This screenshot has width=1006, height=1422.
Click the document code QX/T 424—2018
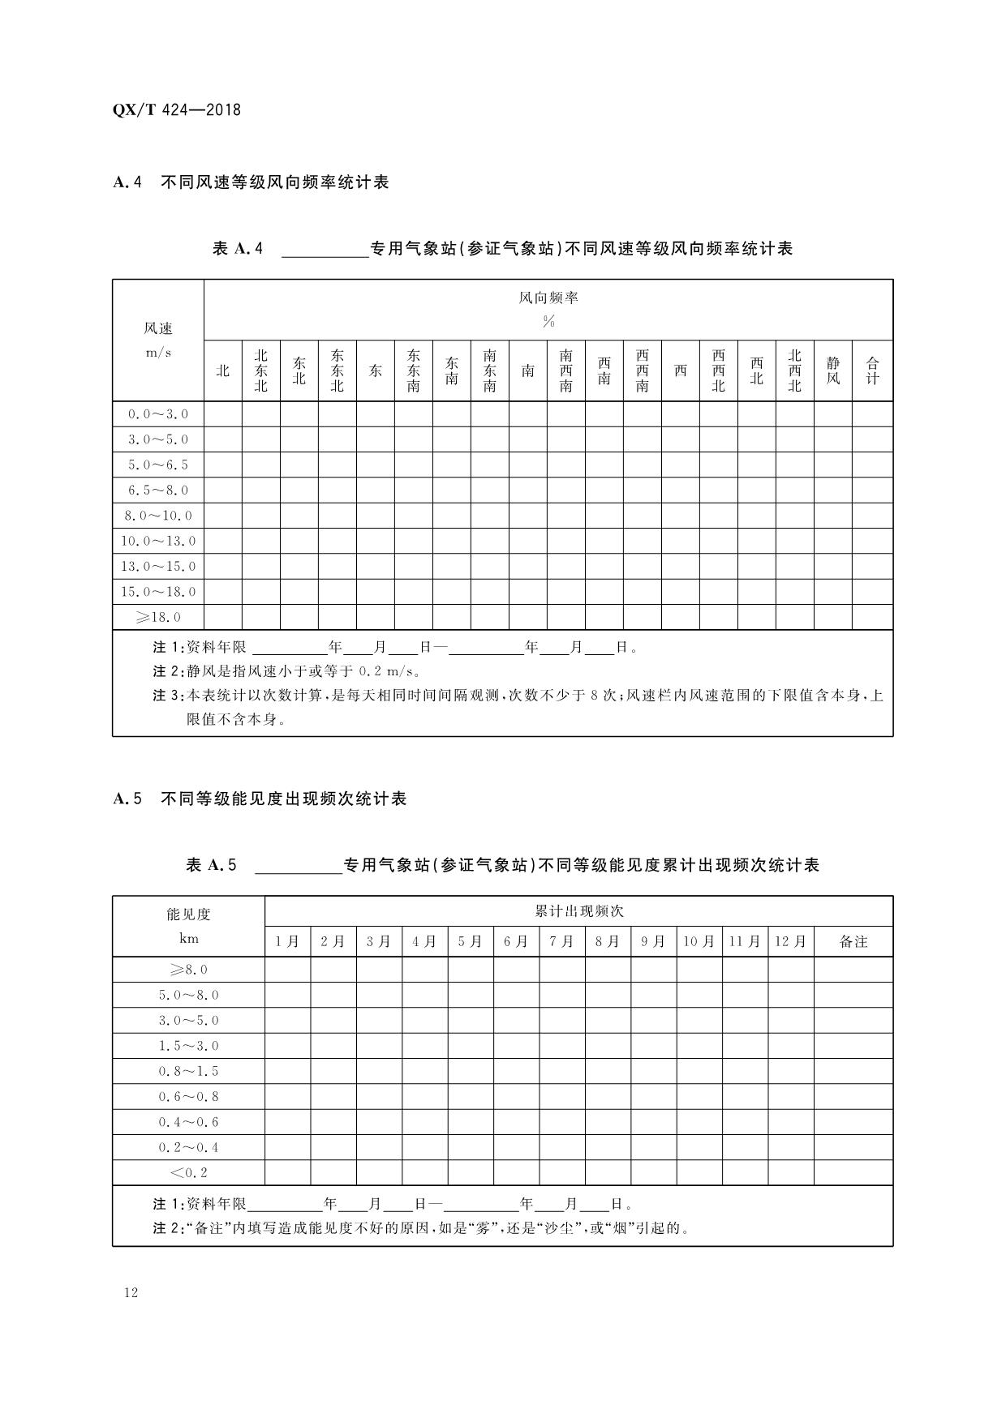coord(177,110)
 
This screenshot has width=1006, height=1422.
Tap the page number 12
coord(131,1292)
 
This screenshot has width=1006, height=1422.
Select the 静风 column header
coord(833,370)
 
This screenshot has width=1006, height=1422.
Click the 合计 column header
coord(872,370)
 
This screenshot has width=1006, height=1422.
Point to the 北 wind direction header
coord(223,371)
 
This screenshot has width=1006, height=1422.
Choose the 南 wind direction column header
coord(528,371)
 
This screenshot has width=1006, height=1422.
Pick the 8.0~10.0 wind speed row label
coord(158,516)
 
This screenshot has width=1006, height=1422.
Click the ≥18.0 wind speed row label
coord(158,617)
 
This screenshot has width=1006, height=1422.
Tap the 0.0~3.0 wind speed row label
coord(158,414)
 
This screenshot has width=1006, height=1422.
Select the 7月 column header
coord(561,941)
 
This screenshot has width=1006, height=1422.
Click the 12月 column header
coord(790,941)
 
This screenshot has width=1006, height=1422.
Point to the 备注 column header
coord(853,941)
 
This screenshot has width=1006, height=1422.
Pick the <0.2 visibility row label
coord(188,1172)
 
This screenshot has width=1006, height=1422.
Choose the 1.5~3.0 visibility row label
coord(188,1046)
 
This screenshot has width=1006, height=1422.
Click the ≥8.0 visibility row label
coord(188,970)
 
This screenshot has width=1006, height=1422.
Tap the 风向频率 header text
coord(548,298)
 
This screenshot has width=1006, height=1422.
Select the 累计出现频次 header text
coord(578,911)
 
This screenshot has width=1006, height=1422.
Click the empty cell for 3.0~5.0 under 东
coord(376,439)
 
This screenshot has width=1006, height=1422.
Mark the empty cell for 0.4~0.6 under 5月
coord(470,1122)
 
